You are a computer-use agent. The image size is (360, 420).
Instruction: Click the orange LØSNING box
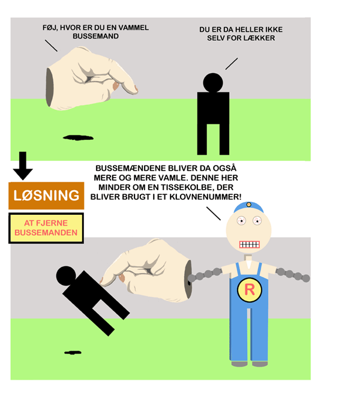[x=46, y=196]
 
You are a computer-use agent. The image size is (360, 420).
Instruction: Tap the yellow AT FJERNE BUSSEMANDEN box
[x=46, y=228]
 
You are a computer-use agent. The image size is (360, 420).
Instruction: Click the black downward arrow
[x=23, y=166]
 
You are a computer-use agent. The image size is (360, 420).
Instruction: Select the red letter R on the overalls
[x=250, y=290]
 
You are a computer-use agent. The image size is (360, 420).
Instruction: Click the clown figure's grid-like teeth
[x=250, y=245]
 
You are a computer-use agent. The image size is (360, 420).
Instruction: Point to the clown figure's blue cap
[x=248, y=207]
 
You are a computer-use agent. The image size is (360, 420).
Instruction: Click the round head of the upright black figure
[x=213, y=83]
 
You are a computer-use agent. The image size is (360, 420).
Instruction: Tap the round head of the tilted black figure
[x=66, y=276]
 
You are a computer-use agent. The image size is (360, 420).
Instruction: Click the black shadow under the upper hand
[x=78, y=137]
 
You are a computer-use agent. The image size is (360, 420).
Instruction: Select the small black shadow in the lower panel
[x=73, y=353]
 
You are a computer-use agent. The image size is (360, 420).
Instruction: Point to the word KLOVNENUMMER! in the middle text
[x=205, y=197]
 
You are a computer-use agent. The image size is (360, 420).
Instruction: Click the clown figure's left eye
[x=241, y=220]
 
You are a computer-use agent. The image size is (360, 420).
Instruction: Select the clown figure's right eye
[x=257, y=220]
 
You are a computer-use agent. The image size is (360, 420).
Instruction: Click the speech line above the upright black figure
[x=232, y=64]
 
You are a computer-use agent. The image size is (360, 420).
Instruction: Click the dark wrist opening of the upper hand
[x=49, y=88]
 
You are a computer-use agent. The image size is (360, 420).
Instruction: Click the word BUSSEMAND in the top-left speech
[x=95, y=36]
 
